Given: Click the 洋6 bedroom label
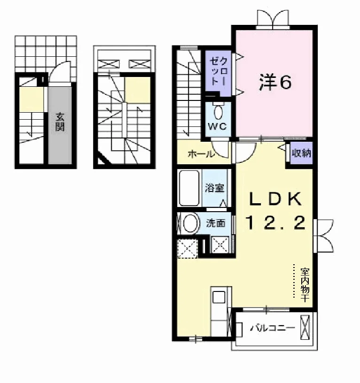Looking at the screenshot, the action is click(275, 82).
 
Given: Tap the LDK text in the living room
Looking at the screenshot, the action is click(275, 199).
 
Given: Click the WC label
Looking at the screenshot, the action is click(217, 126).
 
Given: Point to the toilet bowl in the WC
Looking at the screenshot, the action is click(218, 112).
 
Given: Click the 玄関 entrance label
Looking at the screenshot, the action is click(60, 122).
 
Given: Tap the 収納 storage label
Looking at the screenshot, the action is click(302, 153).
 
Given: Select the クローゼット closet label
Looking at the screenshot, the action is click(218, 71).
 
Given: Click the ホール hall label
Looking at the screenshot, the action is click(201, 154).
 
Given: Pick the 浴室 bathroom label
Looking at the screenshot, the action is click(214, 188).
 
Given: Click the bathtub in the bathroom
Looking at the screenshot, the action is click(189, 188).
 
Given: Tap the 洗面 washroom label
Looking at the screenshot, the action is click(215, 223).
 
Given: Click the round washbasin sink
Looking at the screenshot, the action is click(190, 223).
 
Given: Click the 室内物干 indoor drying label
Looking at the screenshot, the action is click(305, 285).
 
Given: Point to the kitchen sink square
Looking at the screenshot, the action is click(219, 297).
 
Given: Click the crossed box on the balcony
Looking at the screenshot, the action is click(305, 327).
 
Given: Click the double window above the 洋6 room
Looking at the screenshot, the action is click(273, 19).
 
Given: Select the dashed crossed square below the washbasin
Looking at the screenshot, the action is click(188, 249).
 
